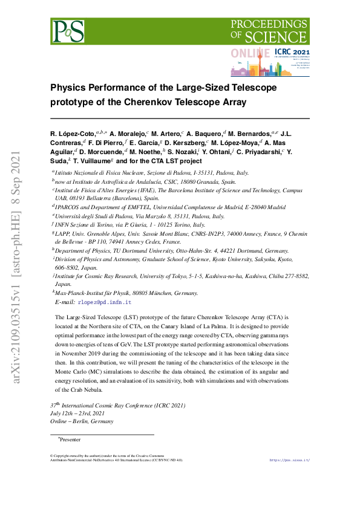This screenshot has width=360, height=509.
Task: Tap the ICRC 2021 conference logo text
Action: [292, 53]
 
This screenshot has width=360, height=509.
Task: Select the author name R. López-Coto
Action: [73, 132]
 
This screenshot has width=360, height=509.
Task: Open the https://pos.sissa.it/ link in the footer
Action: [289, 460]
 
